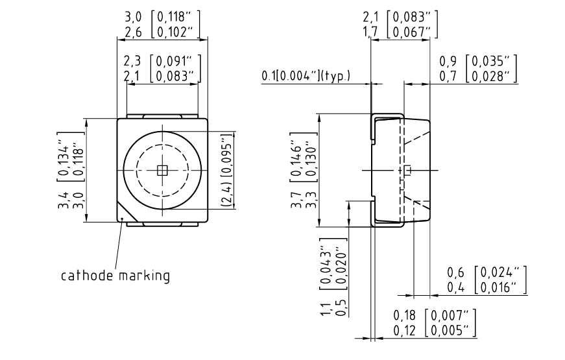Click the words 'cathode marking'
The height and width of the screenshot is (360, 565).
click(115, 276)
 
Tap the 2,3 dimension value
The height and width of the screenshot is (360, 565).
click(134, 62)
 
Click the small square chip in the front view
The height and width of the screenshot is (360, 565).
click(162, 170)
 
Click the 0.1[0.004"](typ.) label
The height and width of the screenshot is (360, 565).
click(306, 76)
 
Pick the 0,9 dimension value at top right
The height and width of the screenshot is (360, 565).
click(448, 62)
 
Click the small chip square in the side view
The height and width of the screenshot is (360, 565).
click(407, 170)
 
